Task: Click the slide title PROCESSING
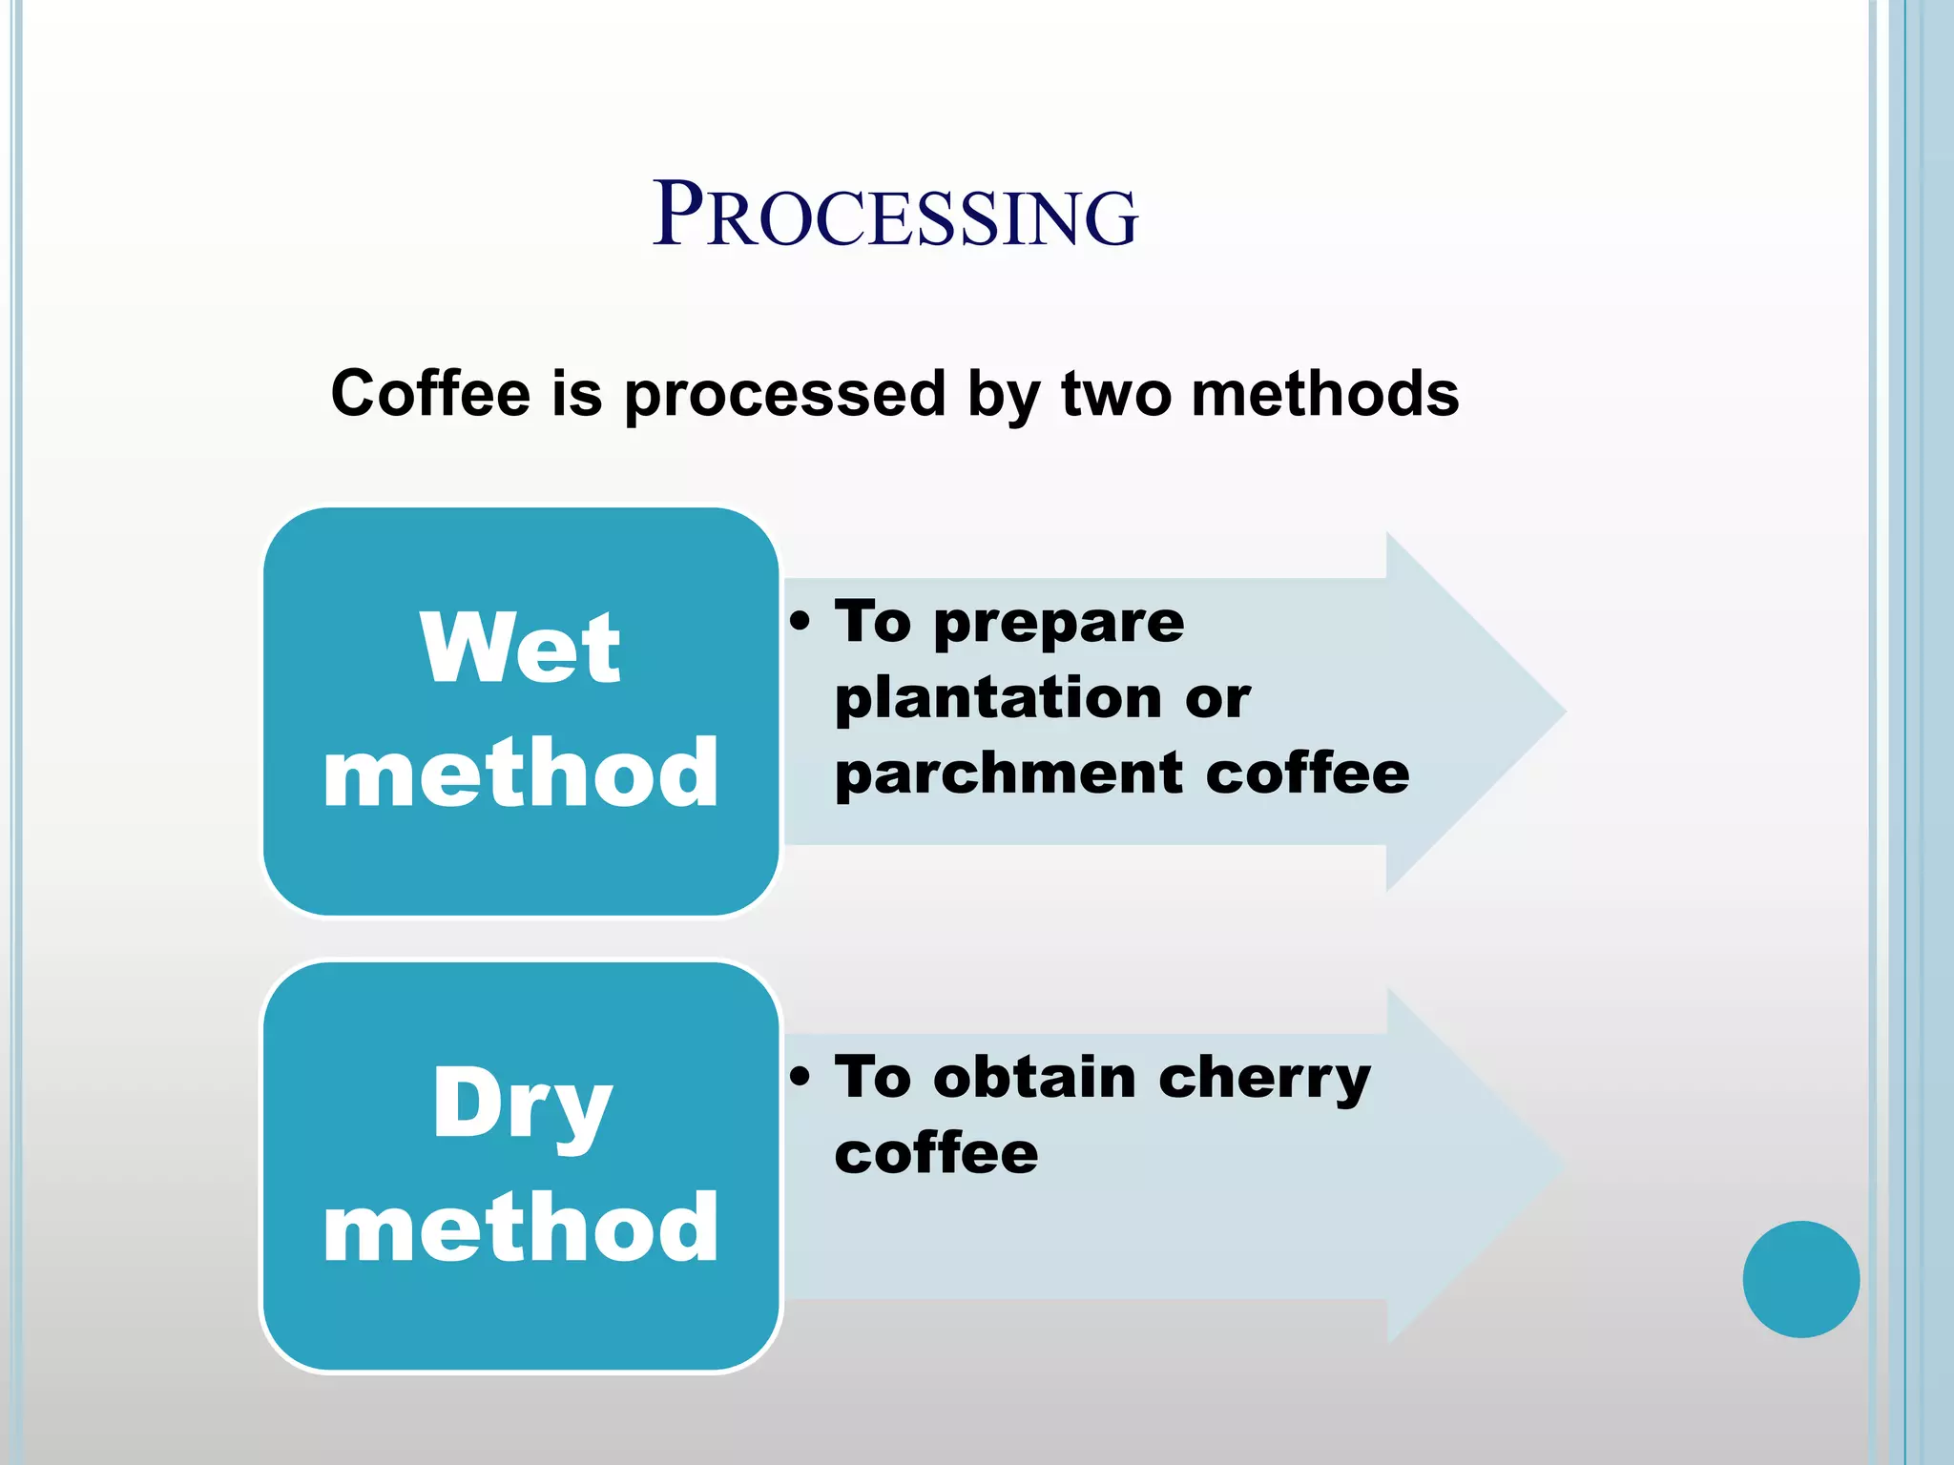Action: pos(895,216)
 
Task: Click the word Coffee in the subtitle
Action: pos(430,394)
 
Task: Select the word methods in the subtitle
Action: pos(1325,394)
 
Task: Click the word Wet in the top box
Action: pos(520,649)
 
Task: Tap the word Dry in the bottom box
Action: pos(522,1104)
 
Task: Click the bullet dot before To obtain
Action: pos(800,1078)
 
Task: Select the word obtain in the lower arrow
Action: pos(1035,1078)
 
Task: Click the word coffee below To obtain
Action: pos(936,1153)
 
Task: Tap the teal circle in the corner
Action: pos(1800,1279)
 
